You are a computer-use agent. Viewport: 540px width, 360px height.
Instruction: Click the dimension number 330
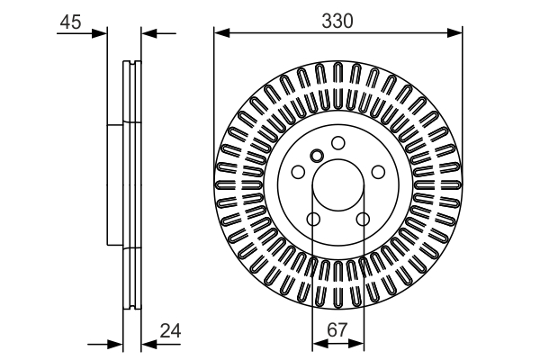point(337,19)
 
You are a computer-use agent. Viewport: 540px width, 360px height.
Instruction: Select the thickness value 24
point(170,330)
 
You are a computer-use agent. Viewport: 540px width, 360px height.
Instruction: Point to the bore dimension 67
point(337,330)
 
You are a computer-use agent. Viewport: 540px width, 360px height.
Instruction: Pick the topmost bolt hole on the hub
point(337,142)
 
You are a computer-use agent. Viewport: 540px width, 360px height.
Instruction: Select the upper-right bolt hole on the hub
point(378,172)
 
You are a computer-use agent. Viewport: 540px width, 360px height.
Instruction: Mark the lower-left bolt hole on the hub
point(312,220)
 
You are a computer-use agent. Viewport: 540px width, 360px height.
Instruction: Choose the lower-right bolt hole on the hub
point(363,220)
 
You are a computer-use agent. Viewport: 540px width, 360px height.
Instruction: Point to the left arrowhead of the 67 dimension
point(318,343)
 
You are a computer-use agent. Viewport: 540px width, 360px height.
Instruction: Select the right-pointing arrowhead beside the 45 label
point(101,34)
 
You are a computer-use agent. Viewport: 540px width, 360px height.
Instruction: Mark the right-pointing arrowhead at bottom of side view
point(115,343)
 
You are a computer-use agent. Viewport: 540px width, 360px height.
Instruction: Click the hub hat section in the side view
point(114,184)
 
